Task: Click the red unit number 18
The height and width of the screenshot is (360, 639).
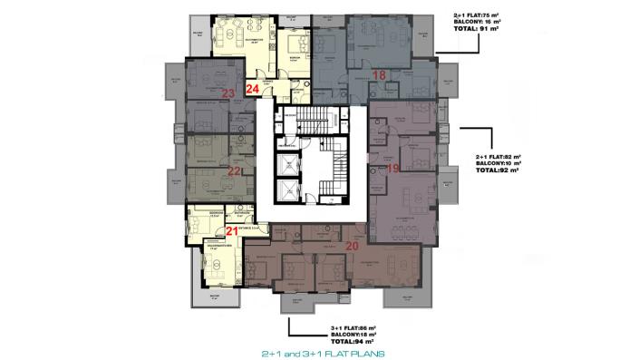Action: coord(380,74)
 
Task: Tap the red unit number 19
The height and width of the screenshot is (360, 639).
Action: coord(392,168)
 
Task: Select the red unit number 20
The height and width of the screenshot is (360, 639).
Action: coord(353,244)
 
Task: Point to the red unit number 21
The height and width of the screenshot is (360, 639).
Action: coord(232,232)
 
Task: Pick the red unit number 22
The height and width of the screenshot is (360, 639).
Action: coord(234,170)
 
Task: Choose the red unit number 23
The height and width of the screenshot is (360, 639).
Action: coord(228,92)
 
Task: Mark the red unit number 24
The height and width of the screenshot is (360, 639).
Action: coord(253,89)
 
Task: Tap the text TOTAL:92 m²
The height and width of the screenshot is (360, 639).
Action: coord(497,170)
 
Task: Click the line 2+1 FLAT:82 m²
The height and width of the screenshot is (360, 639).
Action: coord(497,156)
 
